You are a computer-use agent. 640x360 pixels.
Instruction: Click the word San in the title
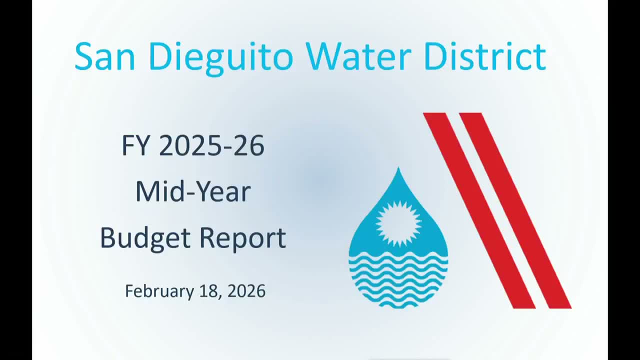[104, 56]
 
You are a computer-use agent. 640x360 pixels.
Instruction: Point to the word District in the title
[484, 56]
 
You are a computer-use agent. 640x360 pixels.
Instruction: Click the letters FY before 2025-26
[135, 146]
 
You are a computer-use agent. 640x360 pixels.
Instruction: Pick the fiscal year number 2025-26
[211, 146]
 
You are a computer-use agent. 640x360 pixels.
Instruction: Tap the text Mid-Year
[193, 192]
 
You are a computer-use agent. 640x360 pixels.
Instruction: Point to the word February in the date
[159, 291]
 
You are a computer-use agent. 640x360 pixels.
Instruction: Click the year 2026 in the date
[246, 291]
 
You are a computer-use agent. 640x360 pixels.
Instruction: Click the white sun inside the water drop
[398, 223]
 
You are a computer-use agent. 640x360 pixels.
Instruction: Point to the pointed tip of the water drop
[398, 170]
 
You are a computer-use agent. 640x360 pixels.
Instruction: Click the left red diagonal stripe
[479, 210]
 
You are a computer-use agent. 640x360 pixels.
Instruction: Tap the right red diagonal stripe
[515, 210]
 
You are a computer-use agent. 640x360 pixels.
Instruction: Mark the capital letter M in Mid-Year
[145, 192]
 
